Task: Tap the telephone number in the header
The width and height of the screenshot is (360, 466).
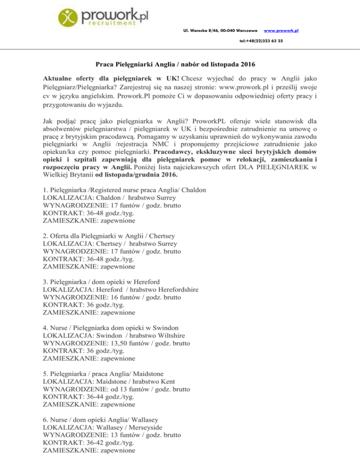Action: point(260,41)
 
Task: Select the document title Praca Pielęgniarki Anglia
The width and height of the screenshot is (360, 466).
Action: point(180,63)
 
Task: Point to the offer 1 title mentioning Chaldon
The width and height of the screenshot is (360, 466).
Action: point(124,190)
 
